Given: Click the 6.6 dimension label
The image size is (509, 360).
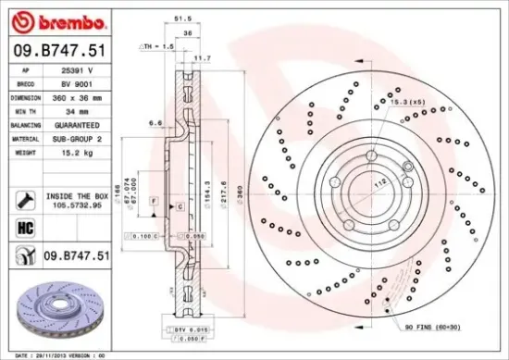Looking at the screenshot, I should tap(156, 122).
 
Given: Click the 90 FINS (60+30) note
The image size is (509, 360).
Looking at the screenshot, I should tap(433, 327).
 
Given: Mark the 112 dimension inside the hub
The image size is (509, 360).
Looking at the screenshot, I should tap(379, 182).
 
